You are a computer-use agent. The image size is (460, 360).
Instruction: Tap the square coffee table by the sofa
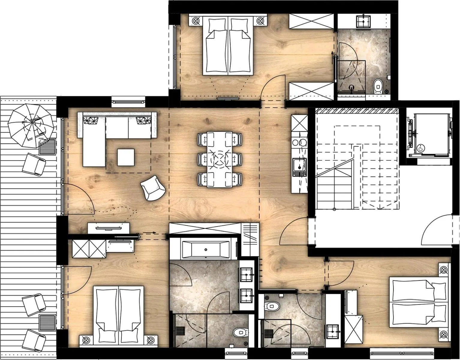click(126, 157)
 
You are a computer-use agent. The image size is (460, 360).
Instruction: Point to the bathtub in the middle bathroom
click(206, 249)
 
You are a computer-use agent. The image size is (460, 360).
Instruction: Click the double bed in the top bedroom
click(229, 45)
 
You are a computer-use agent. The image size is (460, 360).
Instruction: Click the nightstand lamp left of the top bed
click(196, 21)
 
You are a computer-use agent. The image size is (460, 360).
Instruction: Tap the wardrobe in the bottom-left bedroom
click(90, 248)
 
